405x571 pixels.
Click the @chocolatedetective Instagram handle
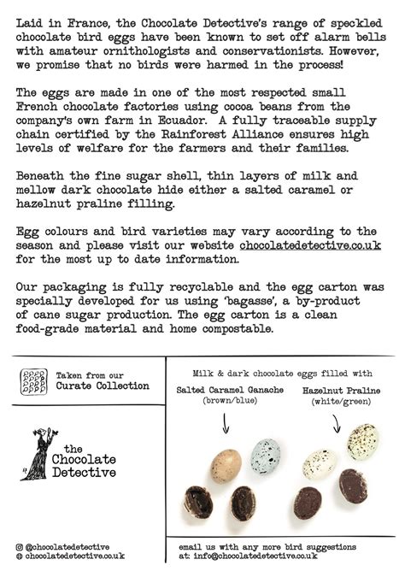(x=69, y=545)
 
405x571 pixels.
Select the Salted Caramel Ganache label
(x=229, y=389)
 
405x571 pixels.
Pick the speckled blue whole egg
(x=265, y=456)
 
